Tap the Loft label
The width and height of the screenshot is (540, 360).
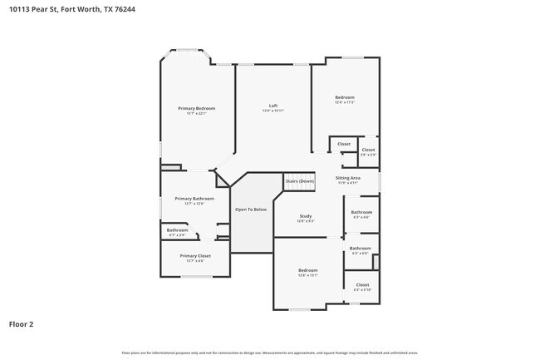click(273, 106)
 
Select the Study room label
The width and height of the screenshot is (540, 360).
click(306, 216)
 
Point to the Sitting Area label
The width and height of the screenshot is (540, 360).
click(347, 178)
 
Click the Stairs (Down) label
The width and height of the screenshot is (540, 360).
click(300, 181)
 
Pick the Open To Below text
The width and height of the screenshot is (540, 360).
click(251, 210)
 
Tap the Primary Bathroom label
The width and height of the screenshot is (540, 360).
click(194, 199)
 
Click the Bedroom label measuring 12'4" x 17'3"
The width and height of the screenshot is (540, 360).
click(345, 97)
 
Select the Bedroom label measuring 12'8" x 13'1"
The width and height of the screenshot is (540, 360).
click(308, 270)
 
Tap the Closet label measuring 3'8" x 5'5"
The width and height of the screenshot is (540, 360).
click(368, 150)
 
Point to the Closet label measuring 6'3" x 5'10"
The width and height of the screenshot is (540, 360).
click(362, 284)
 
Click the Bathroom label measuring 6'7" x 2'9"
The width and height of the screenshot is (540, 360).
click(178, 230)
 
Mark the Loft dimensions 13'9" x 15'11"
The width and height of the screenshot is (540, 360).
click(273, 111)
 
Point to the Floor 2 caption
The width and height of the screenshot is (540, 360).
click(21, 323)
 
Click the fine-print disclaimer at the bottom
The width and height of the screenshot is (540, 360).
click(269, 353)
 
